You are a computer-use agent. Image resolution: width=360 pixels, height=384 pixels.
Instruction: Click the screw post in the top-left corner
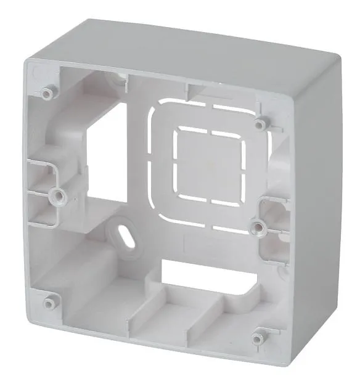tap(47, 93)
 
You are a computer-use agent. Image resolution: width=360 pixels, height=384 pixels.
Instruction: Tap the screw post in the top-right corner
tap(261, 124)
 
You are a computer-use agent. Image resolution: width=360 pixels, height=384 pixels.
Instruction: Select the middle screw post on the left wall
tap(59, 196)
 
